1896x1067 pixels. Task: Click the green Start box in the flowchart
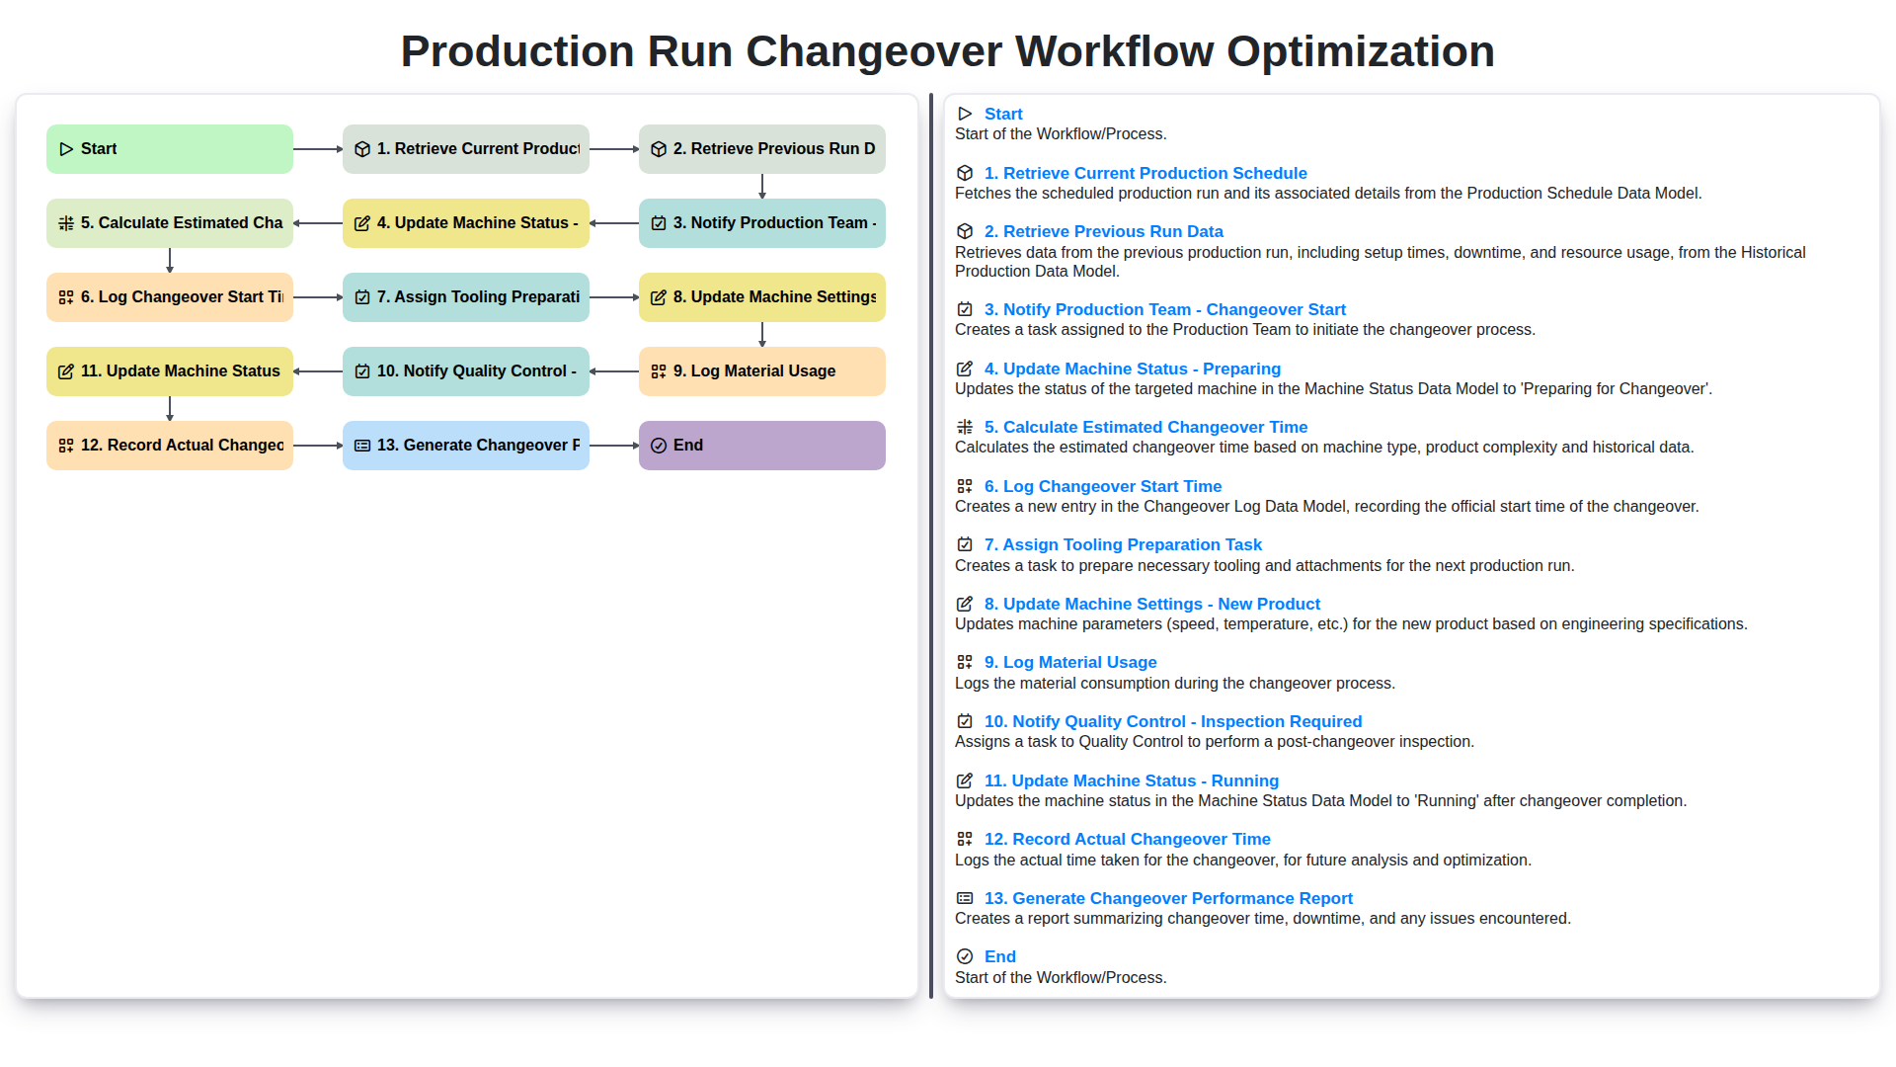click(x=169, y=149)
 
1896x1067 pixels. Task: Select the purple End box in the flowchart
click(x=761, y=446)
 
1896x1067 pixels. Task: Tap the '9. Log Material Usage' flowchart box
click(x=761, y=371)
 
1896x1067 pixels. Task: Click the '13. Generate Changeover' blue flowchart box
click(x=465, y=446)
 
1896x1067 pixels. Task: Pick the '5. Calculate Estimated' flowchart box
click(x=169, y=223)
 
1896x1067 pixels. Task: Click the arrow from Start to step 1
click(x=317, y=149)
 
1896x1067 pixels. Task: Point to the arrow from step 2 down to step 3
click(x=761, y=186)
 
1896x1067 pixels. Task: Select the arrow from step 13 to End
click(x=613, y=446)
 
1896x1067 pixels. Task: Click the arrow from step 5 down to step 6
click(x=170, y=260)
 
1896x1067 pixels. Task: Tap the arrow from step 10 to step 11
click(x=317, y=371)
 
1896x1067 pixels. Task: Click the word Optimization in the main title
click(x=1360, y=51)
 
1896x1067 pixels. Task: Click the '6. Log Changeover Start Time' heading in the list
click(x=1102, y=486)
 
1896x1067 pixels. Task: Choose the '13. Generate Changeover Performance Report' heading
click(x=1167, y=898)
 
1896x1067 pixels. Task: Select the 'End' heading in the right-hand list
click(x=999, y=956)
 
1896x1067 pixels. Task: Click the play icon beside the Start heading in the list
click(x=965, y=114)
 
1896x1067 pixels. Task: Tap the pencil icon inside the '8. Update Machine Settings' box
click(x=659, y=297)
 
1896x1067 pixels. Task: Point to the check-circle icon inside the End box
click(x=659, y=446)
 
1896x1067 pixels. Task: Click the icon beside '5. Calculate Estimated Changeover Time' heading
click(x=965, y=427)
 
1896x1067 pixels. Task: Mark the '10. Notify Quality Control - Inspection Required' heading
click(x=1172, y=721)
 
